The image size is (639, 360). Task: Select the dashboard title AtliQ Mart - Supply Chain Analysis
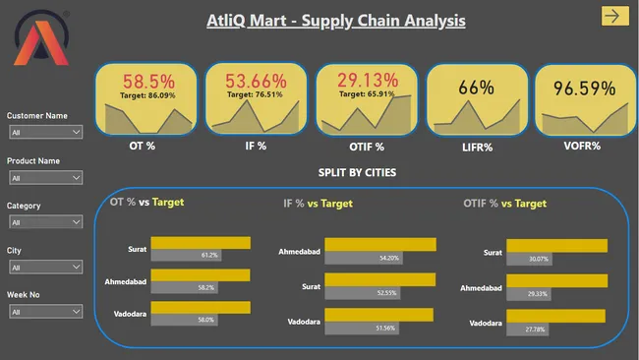point(336,20)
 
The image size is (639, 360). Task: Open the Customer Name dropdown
point(45,132)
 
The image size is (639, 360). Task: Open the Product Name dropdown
point(45,177)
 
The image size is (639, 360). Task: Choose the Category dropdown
point(45,222)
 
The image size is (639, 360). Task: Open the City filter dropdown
point(45,267)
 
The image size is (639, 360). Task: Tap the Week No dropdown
point(45,312)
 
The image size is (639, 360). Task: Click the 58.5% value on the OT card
point(148,82)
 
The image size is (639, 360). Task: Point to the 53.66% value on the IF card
point(256,82)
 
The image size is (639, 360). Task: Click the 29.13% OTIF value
point(367,80)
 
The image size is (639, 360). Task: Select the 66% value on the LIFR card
point(475,88)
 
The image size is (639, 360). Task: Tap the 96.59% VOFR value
point(583,89)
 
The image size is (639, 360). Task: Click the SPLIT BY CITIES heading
point(358,172)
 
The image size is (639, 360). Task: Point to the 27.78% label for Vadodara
point(536,330)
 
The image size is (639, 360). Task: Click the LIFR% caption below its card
point(475,146)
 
